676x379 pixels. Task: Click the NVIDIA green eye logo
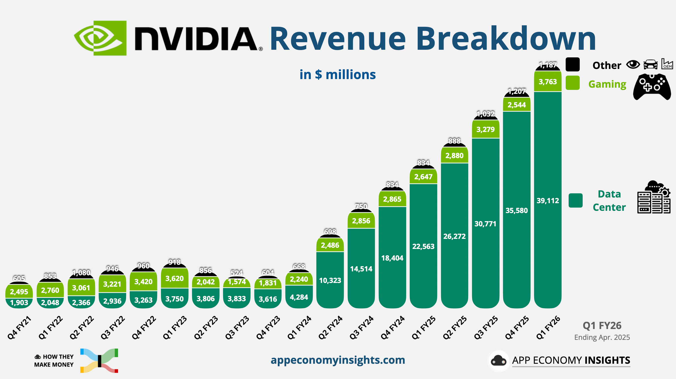pos(100,38)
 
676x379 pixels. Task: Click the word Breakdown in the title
pos(506,39)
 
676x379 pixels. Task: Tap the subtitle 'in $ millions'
pos(337,75)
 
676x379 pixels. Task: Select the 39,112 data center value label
pos(548,201)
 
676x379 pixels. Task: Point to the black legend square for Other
pos(572,65)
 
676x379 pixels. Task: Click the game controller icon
pos(652,87)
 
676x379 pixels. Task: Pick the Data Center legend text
pos(609,200)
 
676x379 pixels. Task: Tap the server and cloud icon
pos(654,197)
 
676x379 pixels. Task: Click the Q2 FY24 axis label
pos(330,328)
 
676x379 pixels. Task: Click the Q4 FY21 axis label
pos(19,328)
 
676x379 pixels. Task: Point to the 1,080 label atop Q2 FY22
pos(81,273)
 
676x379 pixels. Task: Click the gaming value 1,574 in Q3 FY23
pos(237,282)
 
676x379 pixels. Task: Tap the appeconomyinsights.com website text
pos(338,360)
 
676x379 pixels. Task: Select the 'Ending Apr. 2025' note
pos(602,337)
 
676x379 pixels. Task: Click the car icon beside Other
pos(651,64)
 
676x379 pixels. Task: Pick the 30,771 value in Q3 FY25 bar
pos(485,224)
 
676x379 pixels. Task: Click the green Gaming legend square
pos(572,83)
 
